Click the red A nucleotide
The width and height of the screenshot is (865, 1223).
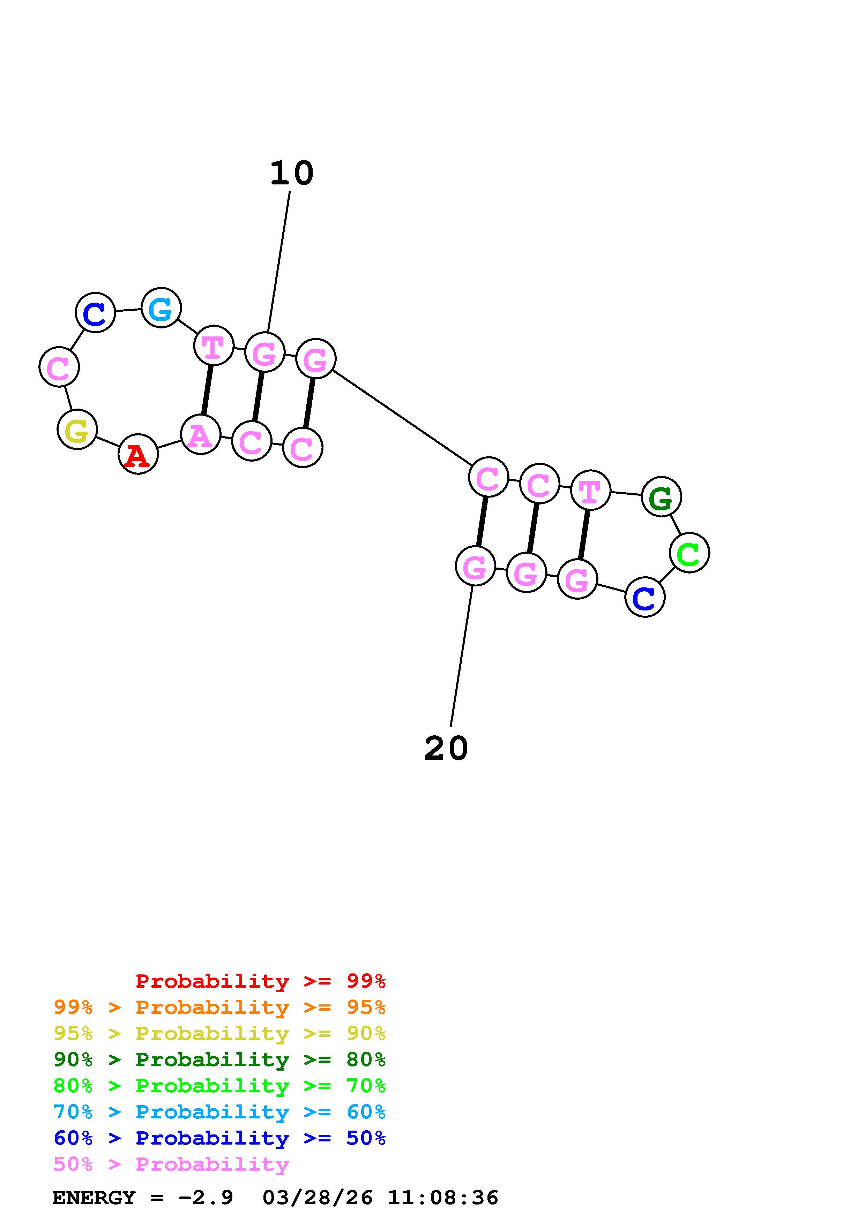138,454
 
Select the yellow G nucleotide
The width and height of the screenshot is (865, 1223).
77,430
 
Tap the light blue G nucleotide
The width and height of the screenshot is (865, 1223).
161,307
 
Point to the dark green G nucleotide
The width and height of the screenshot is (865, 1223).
661,497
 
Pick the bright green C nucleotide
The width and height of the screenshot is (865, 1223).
689,553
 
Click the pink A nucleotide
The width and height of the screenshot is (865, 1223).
200,435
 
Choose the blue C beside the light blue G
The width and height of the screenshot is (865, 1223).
95,313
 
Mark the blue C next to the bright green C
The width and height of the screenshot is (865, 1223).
645,597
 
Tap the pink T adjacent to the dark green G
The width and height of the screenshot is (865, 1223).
590,490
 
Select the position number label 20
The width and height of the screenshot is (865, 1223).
446,749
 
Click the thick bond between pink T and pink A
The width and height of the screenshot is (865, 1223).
207,390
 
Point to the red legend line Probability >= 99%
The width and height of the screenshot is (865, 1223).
261,981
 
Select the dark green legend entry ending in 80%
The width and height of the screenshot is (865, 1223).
219,1059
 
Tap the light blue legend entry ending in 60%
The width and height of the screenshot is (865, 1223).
219,1112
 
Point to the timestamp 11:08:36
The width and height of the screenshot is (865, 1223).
443,1198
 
